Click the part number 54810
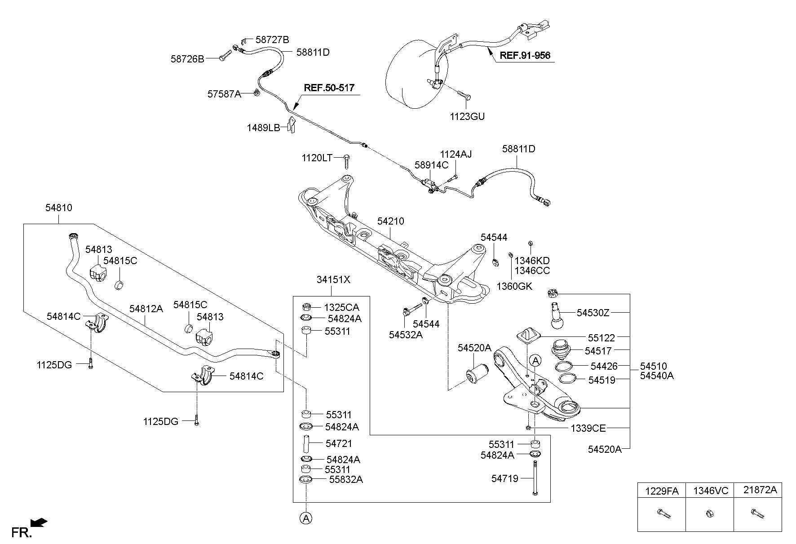click(58, 208)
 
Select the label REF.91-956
click(525, 56)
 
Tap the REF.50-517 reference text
click(329, 88)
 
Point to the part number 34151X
click(333, 280)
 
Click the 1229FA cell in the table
click(662, 491)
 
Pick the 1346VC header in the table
click(710, 491)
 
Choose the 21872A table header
click(758, 490)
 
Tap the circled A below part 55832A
click(306, 518)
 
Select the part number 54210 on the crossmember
click(390, 221)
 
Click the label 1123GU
click(467, 117)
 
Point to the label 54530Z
click(593, 313)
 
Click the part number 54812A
click(146, 309)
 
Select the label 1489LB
click(263, 128)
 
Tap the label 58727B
click(272, 40)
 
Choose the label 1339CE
click(588, 428)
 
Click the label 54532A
click(406, 334)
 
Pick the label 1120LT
click(317, 158)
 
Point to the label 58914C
click(431, 165)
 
